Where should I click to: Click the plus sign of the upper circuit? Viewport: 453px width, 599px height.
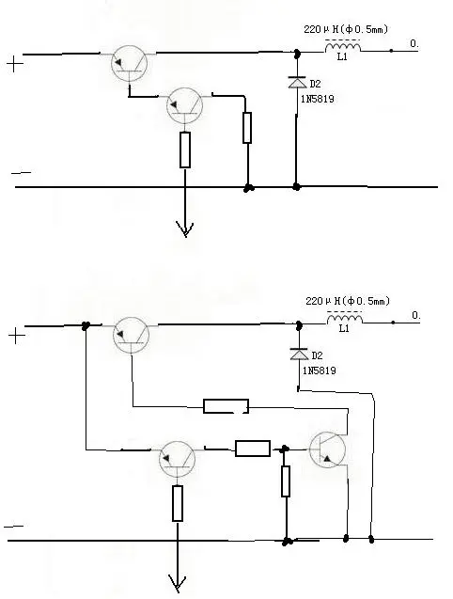[15, 64]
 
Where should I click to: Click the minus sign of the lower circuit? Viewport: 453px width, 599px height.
[14, 527]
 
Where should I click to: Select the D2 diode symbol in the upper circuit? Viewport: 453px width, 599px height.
[297, 82]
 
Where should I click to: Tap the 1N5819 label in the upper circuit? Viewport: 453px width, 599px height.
[318, 99]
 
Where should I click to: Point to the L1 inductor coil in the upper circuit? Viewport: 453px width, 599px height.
[343, 47]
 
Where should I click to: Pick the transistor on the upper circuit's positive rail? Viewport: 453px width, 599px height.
[130, 63]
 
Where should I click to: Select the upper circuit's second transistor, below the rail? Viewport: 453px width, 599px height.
[184, 105]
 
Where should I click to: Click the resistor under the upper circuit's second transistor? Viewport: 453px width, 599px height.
[185, 150]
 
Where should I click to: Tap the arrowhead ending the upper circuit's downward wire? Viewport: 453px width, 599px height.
[185, 229]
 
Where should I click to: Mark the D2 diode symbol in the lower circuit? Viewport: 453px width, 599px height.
[299, 355]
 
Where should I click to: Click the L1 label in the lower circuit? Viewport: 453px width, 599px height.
[344, 328]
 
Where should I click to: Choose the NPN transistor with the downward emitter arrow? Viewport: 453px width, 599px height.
[327, 449]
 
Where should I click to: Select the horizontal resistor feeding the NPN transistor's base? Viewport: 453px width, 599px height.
[253, 449]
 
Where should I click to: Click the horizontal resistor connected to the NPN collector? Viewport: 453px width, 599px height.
[226, 406]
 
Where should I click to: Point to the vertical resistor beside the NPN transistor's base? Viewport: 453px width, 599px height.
[286, 481]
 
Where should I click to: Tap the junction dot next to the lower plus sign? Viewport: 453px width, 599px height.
[86, 326]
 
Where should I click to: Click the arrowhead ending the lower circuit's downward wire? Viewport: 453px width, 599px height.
[178, 583]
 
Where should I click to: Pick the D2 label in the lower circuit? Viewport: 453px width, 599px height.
[317, 355]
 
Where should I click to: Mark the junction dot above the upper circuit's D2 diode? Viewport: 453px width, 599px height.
[296, 53]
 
